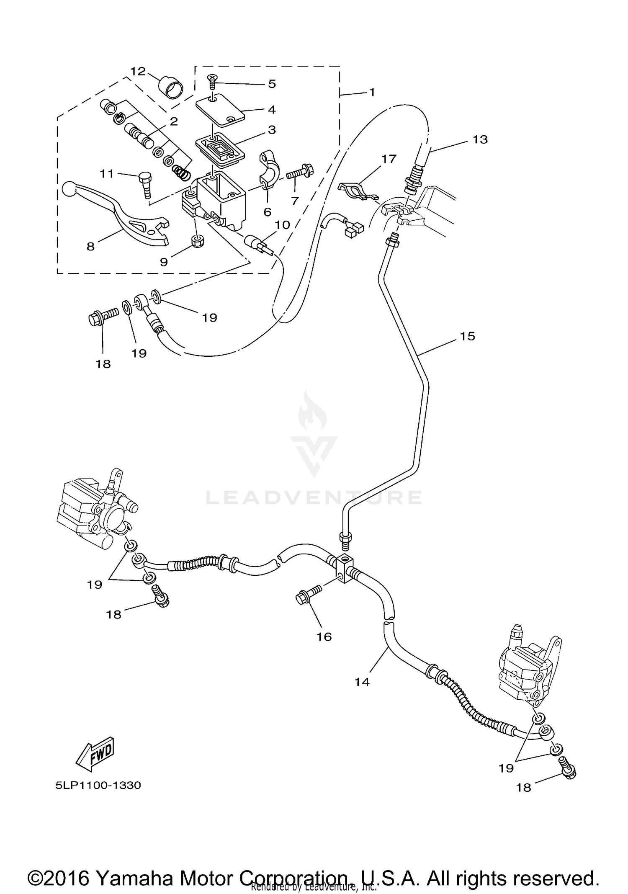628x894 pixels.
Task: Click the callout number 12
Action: [137, 71]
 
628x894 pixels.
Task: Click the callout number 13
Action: [480, 139]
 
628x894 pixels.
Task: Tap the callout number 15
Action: [468, 336]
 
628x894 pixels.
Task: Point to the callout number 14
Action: [362, 682]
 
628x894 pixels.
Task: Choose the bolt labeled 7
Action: [300, 172]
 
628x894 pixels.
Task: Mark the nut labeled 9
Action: [196, 240]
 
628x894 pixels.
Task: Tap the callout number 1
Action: [372, 92]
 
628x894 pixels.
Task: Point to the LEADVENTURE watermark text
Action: [314, 497]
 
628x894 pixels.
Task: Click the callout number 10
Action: [283, 225]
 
